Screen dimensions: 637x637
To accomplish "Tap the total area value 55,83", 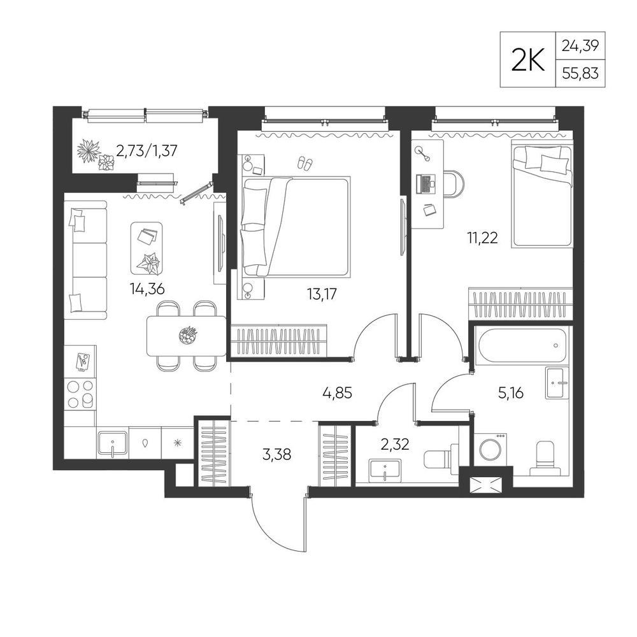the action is click(580, 73).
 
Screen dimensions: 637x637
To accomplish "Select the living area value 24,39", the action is click(580, 46).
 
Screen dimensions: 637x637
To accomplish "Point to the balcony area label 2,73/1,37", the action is click(147, 151).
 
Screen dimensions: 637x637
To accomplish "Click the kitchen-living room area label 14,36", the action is click(147, 289).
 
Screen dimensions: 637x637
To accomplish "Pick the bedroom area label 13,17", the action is click(322, 294).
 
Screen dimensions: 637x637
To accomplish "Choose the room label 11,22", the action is click(482, 238).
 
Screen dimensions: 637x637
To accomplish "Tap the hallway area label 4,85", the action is click(337, 393).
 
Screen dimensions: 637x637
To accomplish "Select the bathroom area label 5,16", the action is click(511, 393).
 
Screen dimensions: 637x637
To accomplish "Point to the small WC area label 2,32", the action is click(394, 445).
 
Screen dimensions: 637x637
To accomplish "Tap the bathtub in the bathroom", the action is click(522, 345).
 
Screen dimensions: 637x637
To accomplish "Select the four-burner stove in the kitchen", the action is click(81, 394).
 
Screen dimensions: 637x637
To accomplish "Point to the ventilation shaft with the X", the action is click(486, 485).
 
